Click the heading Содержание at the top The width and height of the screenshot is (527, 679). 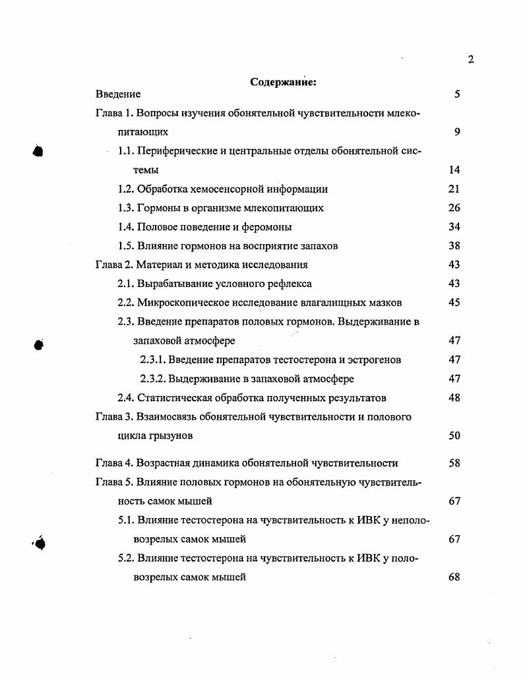point(284,82)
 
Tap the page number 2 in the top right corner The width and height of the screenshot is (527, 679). point(470,59)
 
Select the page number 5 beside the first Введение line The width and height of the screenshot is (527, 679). point(456,94)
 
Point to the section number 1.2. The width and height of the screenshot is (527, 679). point(126,189)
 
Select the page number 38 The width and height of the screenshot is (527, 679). point(454,246)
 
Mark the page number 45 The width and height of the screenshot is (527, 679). point(454,303)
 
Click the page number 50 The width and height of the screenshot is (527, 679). point(454,436)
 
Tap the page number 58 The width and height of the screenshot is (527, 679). point(454,463)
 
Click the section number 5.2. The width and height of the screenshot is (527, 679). point(126,558)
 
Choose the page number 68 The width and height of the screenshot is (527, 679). point(454,577)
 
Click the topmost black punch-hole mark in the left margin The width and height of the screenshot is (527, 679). point(38,151)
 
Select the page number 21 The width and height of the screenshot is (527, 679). point(454,189)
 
